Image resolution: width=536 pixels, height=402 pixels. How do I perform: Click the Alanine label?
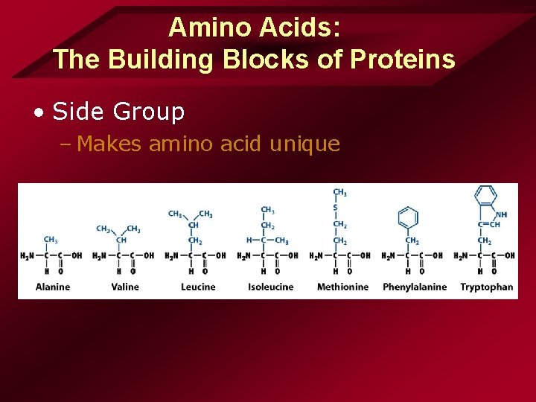click(x=53, y=287)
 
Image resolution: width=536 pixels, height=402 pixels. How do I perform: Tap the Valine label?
click(x=125, y=287)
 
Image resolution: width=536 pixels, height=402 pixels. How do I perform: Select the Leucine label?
click(x=198, y=287)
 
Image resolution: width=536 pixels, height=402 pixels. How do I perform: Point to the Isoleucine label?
click(x=270, y=287)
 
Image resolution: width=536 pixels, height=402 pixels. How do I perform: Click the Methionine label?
click(x=342, y=287)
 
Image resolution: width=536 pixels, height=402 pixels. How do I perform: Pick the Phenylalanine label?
click(x=415, y=287)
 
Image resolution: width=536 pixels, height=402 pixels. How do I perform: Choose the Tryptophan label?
click(x=487, y=287)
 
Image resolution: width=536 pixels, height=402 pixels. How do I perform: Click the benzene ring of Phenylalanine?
click(x=408, y=217)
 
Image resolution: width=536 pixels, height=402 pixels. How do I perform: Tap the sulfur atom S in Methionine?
click(x=335, y=208)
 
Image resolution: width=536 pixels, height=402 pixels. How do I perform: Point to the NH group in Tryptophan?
click(x=502, y=215)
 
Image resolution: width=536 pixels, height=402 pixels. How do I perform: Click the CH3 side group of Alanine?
click(x=51, y=240)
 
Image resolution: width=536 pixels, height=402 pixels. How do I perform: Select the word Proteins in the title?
click(x=407, y=59)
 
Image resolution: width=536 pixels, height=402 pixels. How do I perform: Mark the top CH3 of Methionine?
click(x=339, y=192)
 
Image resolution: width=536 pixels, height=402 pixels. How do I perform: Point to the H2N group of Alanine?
click(x=27, y=255)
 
